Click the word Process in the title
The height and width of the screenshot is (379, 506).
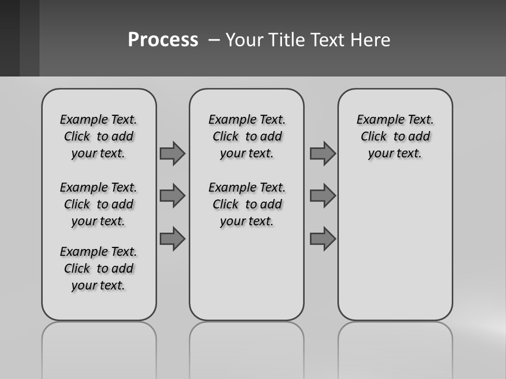(x=163, y=40)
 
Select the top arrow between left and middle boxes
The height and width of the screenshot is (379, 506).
(x=172, y=153)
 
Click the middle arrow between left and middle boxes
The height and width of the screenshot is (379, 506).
(x=172, y=196)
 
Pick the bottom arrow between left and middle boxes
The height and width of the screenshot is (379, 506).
(x=172, y=239)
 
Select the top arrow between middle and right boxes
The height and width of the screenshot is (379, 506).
(x=323, y=153)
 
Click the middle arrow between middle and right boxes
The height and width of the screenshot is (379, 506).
(x=323, y=196)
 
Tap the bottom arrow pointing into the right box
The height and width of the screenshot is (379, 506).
(x=323, y=239)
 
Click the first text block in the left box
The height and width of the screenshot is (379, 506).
(x=99, y=136)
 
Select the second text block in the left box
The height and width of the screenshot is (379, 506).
(x=99, y=204)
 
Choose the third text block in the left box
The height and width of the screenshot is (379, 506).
(x=99, y=268)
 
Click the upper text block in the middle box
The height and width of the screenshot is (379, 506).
(x=247, y=136)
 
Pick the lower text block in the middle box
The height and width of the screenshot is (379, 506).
(x=247, y=204)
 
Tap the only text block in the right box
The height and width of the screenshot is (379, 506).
(x=395, y=136)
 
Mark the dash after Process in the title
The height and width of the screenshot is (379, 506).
(x=213, y=40)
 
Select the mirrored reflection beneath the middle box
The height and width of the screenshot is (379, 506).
(x=247, y=347)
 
